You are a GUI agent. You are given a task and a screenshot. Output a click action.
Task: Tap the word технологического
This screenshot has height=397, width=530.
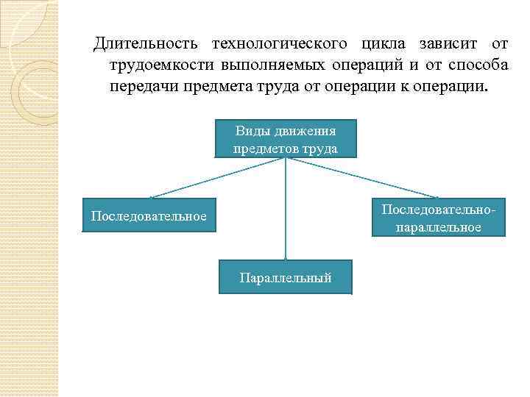pyautogui.click(x=279, y=44)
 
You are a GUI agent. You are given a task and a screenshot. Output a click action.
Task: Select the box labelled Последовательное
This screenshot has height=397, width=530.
pyautogui.click(x=149, y=215)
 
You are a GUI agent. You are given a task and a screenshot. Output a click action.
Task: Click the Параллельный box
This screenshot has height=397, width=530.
pyautogui.click(x=286, y=277)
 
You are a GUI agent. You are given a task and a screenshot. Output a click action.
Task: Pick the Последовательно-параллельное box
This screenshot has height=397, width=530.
pyautogui.click(x=438, y=218)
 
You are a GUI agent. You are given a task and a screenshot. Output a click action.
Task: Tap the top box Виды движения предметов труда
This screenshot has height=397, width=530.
pyautogui.click(x=286, y=139)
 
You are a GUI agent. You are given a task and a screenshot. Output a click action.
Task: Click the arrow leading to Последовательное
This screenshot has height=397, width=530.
pyautogui.click(x=213, y=179)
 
